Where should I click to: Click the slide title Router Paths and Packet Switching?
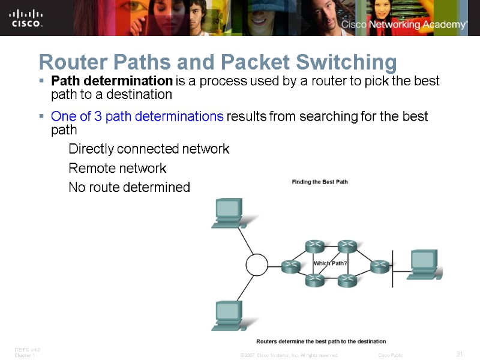[217, 62]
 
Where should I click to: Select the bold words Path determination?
[112, 80]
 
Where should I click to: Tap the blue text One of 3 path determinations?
[137, 116]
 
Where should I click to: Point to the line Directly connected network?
[149, 149]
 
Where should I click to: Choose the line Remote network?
[117, 168]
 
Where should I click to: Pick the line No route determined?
[129, 188]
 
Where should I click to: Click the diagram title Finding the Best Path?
[319, 181]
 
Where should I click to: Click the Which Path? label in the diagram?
[331, 263]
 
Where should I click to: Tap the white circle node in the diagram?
[257, 265]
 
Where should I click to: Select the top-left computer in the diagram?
[227, 213]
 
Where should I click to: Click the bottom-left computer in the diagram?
[227, 315]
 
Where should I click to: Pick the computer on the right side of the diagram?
[424, 264]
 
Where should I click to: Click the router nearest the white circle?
[292, 265]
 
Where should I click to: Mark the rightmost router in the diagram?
[379, 265]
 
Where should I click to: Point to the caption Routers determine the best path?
[321, 341]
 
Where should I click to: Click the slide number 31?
[459, 354]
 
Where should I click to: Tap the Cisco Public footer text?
[390, 355]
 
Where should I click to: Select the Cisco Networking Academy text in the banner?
[404, 25]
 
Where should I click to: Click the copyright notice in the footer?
[289, 355]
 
